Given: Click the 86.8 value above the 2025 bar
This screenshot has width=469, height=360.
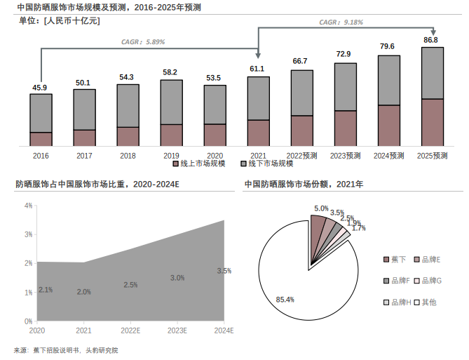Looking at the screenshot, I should [x=430, y=40].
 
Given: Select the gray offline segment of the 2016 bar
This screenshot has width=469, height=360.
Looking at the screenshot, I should [x=41, y=112].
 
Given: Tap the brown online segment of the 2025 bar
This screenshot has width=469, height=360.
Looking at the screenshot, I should [x=431, y=122].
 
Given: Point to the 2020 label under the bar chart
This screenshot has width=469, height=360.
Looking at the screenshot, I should [x=215, y=155].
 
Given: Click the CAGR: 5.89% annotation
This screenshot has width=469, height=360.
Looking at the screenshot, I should [x=144, y=42].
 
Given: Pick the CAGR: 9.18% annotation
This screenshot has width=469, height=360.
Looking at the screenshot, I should [x=341, y=22].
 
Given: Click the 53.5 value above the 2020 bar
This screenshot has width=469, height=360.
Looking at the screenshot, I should [x=215, y=78].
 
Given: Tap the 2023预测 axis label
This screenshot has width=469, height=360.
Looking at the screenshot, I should [x=345, y=155].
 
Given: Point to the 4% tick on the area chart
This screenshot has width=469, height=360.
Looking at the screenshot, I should [x=29, y=206].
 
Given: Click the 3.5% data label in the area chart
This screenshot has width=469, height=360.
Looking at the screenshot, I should [x=224, y=271].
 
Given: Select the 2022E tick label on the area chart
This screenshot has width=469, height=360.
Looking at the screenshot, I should [x=130, y=330].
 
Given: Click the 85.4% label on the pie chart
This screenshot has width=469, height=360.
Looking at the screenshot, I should [x=285, y=300].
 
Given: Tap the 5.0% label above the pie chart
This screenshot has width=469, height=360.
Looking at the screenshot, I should [x=321, y=208].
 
